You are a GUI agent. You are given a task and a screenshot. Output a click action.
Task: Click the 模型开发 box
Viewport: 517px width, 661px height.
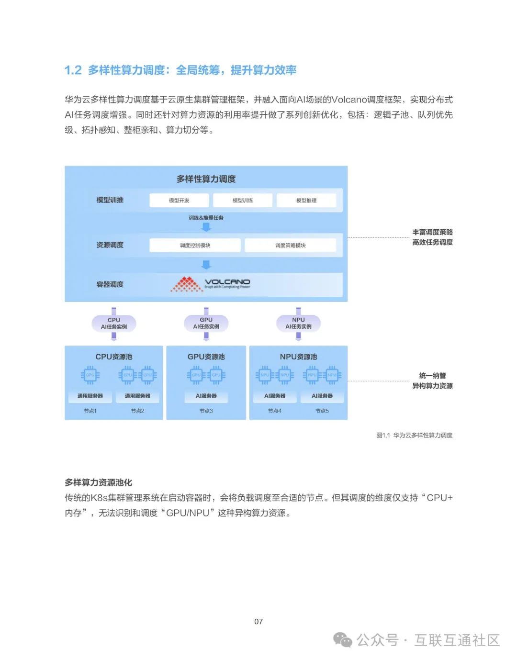pyautogui.click(x=179, y=201)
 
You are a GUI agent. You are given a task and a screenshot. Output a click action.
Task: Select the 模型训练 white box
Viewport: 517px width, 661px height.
pyautogui.click(x=243, y=201)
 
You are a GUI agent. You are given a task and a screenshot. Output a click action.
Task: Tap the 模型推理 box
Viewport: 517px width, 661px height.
pyautogui.click(x=306, y=201)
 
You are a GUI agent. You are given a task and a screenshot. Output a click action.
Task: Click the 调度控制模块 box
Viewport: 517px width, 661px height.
pyautogui.click(x=195, y=246)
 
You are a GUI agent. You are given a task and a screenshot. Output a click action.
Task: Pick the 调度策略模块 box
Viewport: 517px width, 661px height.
pyautogui.click(x=290, y=246)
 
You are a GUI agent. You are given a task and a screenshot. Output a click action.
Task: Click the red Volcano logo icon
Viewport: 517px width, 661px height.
pyautogui.click(x=186, y=284)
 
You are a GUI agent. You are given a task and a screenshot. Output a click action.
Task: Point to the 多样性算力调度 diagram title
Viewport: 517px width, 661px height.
pyautogui.click(x=206, y=179)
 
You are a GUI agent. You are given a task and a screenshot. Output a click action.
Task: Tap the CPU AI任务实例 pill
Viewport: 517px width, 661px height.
pyautogui.click(x=114, y=324)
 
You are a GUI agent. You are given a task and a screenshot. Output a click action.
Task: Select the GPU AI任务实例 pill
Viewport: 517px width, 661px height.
pyautogui.click(x=206, y=324)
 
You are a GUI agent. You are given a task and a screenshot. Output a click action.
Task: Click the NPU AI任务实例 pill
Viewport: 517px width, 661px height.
pyautogui.click(x=299, y=324)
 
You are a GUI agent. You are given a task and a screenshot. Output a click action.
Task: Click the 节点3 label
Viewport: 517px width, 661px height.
pyautogui.click(x=206, y=411)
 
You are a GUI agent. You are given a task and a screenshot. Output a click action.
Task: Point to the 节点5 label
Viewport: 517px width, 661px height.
pyautogui.click(x=322, y=411)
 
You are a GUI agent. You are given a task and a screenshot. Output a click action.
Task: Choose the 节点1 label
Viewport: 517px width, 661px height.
pyautogui.click(x=90, y=411)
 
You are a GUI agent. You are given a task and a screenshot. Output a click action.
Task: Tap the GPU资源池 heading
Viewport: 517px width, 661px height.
pyautogui.click(x=206, y=357)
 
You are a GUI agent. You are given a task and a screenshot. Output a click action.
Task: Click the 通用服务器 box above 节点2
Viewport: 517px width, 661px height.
pyautogui.click(x=137, y=396)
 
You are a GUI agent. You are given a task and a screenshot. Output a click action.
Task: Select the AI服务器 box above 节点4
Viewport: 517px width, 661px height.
pyautogui.click(x=275, y=396)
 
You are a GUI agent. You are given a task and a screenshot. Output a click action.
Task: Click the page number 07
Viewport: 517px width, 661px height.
pyautogui.click(x=258, y=622)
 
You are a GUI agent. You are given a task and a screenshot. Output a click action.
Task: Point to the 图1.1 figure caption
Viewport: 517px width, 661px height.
pyautogui.click(x=414, y=436)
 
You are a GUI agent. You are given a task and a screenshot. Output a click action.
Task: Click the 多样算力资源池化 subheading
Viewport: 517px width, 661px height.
pyautogui.click(x=99, y=482)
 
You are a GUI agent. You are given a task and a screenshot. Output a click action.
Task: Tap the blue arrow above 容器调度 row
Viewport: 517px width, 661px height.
pyautogui.click(x=206, y=265)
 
